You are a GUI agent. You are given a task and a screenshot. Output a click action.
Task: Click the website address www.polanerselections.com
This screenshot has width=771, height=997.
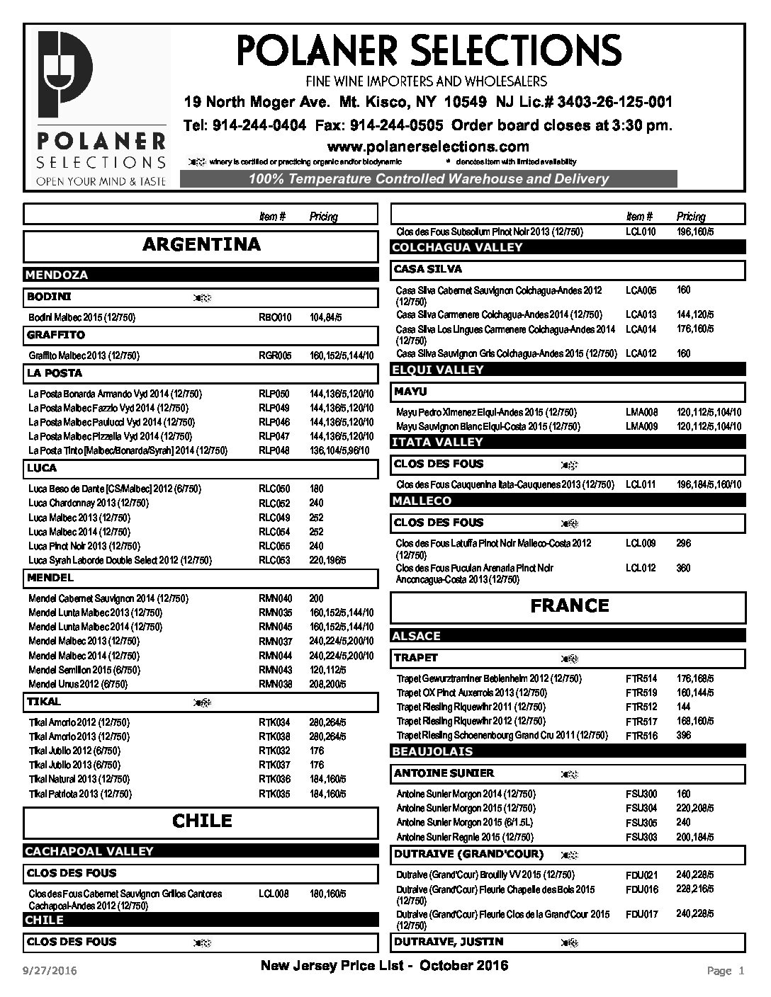pos(427,147)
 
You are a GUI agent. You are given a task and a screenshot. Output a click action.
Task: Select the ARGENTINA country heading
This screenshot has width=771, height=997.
pos(201,245)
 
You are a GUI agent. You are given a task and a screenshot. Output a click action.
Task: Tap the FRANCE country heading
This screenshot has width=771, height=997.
pos(569,606)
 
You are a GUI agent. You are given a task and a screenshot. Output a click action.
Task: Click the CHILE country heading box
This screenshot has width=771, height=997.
pos(201,821)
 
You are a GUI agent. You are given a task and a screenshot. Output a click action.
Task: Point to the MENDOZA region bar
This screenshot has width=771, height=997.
pos(57,275)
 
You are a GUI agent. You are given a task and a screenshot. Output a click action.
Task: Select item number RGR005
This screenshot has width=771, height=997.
pos(275,355)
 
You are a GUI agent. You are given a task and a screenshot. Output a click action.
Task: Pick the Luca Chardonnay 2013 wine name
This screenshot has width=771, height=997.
pos(89,503)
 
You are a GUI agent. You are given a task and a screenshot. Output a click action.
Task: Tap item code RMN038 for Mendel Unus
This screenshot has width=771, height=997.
pos(275,684)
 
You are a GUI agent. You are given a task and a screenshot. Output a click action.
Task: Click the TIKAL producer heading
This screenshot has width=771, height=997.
pos(44,702)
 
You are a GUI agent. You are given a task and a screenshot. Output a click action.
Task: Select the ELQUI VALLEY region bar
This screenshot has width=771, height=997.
pos(437,370)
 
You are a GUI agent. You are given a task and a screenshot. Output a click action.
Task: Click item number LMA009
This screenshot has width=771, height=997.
pos(642,426)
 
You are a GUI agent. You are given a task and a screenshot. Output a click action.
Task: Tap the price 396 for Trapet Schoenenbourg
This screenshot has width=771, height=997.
pos(684,735)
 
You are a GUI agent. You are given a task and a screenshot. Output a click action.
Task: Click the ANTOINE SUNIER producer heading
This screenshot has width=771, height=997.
pos(444,773)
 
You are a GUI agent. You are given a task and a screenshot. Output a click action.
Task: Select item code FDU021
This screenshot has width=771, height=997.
pos(642,874)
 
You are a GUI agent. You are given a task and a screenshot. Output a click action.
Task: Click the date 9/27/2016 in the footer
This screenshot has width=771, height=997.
pos(51,970)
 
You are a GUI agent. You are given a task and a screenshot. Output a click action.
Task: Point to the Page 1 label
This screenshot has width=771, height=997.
pos(726,971)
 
